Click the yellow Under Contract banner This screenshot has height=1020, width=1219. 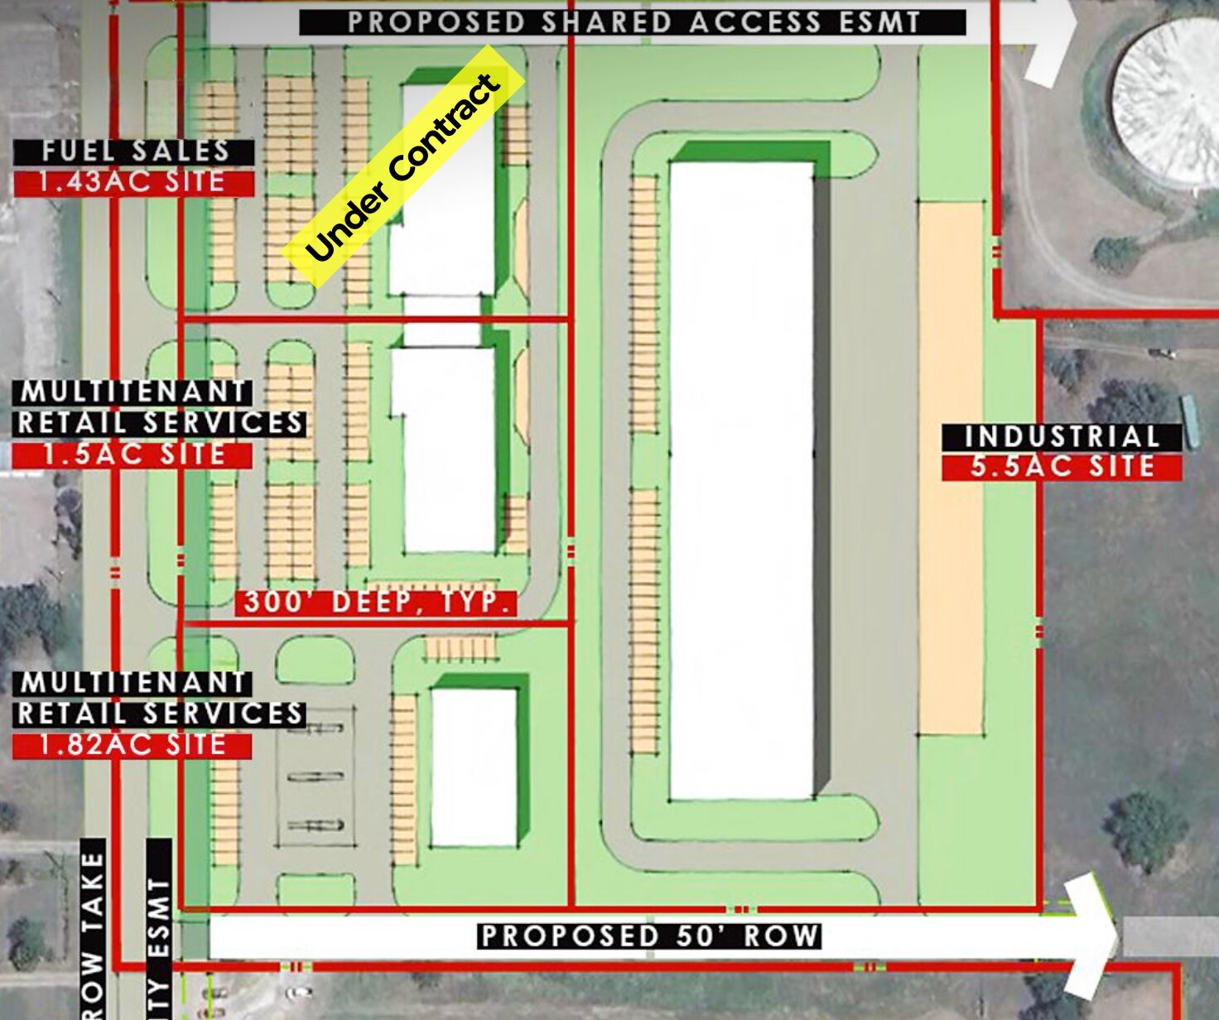tap(405, 166)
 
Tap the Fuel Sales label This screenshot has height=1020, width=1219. tap(134, 152)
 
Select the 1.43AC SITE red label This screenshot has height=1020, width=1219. tap(132, 182)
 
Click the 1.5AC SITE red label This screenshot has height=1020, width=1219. tap(132, 455)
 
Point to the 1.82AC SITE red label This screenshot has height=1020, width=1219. tap(132, 745)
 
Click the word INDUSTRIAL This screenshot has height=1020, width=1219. tap(1062, 436)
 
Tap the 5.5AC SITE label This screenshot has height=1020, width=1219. tap(1062, 466)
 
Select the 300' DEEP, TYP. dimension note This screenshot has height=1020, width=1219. tap(376, 603)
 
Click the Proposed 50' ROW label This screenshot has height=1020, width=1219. tap(650, 936)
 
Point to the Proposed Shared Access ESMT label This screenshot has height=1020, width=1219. tap(633, 22)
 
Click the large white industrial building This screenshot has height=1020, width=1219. tap(741, 480)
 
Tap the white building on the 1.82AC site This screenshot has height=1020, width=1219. tap(474, 767)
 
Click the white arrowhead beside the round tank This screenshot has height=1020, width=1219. tap(1048, 41)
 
